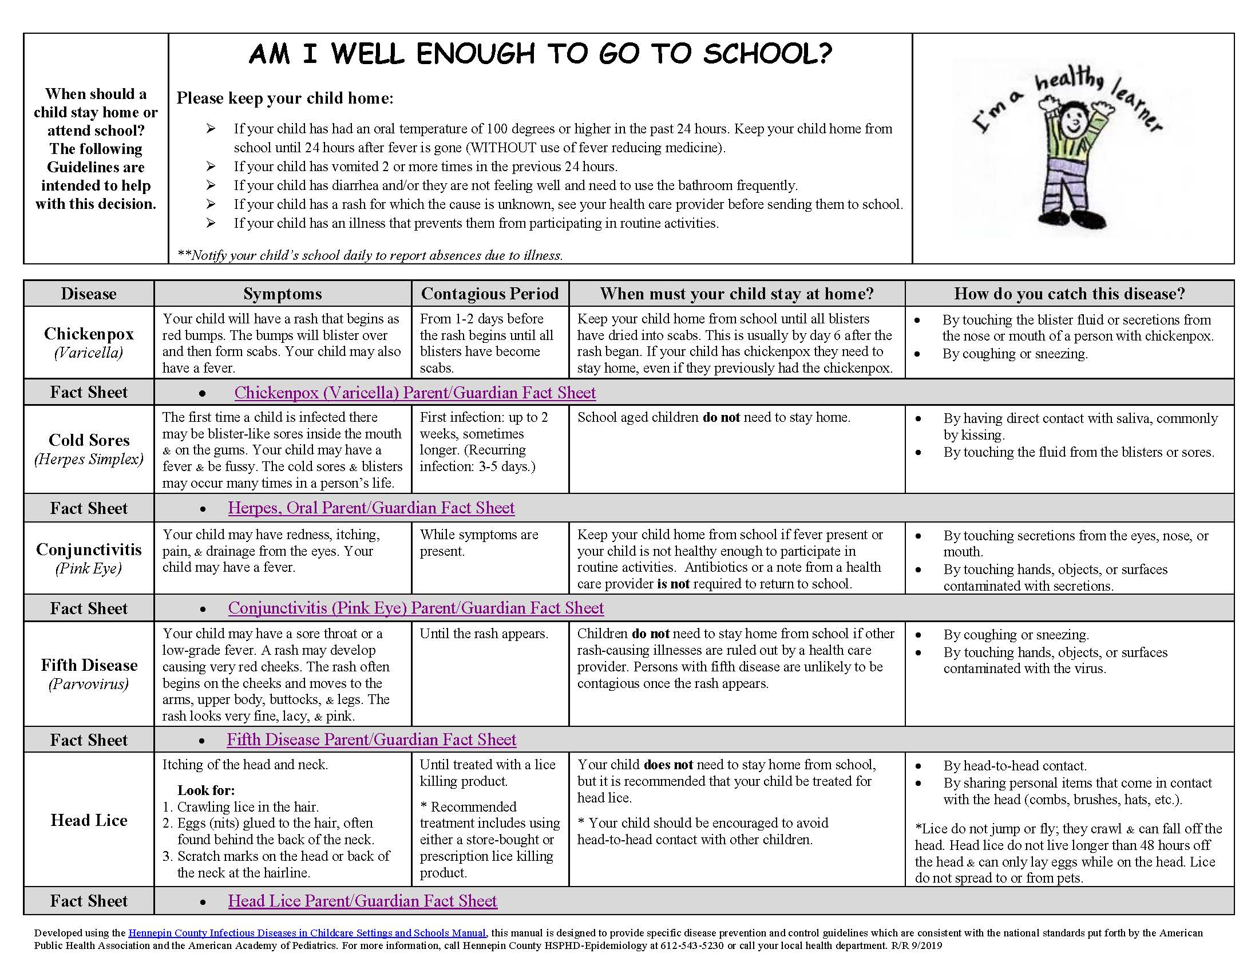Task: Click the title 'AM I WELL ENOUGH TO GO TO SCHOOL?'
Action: (540, 54)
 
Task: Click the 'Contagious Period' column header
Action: (489, 294)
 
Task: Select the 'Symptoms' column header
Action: (283, 294)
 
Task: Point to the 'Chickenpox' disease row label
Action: (89, 334)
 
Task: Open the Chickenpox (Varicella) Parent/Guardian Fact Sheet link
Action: (414, 393)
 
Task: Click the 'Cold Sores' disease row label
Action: (89, 440)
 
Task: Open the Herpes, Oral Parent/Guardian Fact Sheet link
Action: (371, 508)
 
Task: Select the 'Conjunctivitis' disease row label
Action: (89, 549)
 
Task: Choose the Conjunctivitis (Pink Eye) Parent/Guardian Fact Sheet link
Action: (415, 608)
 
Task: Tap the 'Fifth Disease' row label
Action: (89, 665)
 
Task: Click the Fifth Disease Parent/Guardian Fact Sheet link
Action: (371, 739)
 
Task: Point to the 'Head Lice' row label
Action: (89, 820)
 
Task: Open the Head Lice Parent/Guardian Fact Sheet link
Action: (362, 901)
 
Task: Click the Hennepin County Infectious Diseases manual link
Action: (307, 934)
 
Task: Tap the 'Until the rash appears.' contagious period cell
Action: (483, 634)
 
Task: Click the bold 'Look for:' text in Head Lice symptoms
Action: (206, 790)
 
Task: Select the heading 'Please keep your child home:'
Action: (285, 98)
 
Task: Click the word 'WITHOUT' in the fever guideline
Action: (500, 148)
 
